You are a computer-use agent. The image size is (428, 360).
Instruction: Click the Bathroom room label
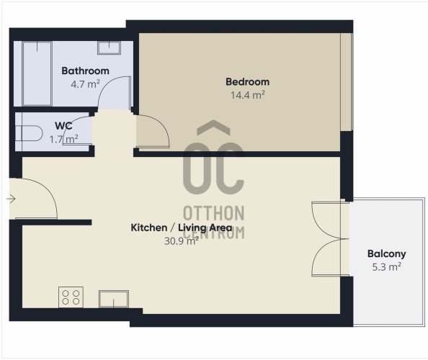point(86,71)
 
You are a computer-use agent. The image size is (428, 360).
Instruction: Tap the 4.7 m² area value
point(86,84)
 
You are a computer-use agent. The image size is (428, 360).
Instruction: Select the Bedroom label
point(248,82)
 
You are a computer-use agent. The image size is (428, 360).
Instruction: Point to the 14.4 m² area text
point(248,95)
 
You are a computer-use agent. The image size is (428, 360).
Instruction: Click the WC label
point(63,126)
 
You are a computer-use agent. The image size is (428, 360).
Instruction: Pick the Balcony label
point(386,253)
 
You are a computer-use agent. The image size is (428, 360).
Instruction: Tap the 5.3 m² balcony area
point(386,266)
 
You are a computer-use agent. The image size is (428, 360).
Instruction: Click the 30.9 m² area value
point(182,240)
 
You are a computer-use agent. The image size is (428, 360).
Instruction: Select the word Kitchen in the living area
point(149,228)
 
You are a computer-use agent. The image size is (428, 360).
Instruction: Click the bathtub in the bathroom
point(37,73)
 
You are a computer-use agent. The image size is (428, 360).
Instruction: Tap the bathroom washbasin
point(110,48)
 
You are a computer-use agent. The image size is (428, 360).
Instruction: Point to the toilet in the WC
point(29,133)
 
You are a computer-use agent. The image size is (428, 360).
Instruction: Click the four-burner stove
point(71,297)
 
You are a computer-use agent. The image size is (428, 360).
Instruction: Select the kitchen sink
point(114,299)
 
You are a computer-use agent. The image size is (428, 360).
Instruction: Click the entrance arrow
point(11,199)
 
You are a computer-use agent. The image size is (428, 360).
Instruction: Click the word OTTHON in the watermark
point(214,213)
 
